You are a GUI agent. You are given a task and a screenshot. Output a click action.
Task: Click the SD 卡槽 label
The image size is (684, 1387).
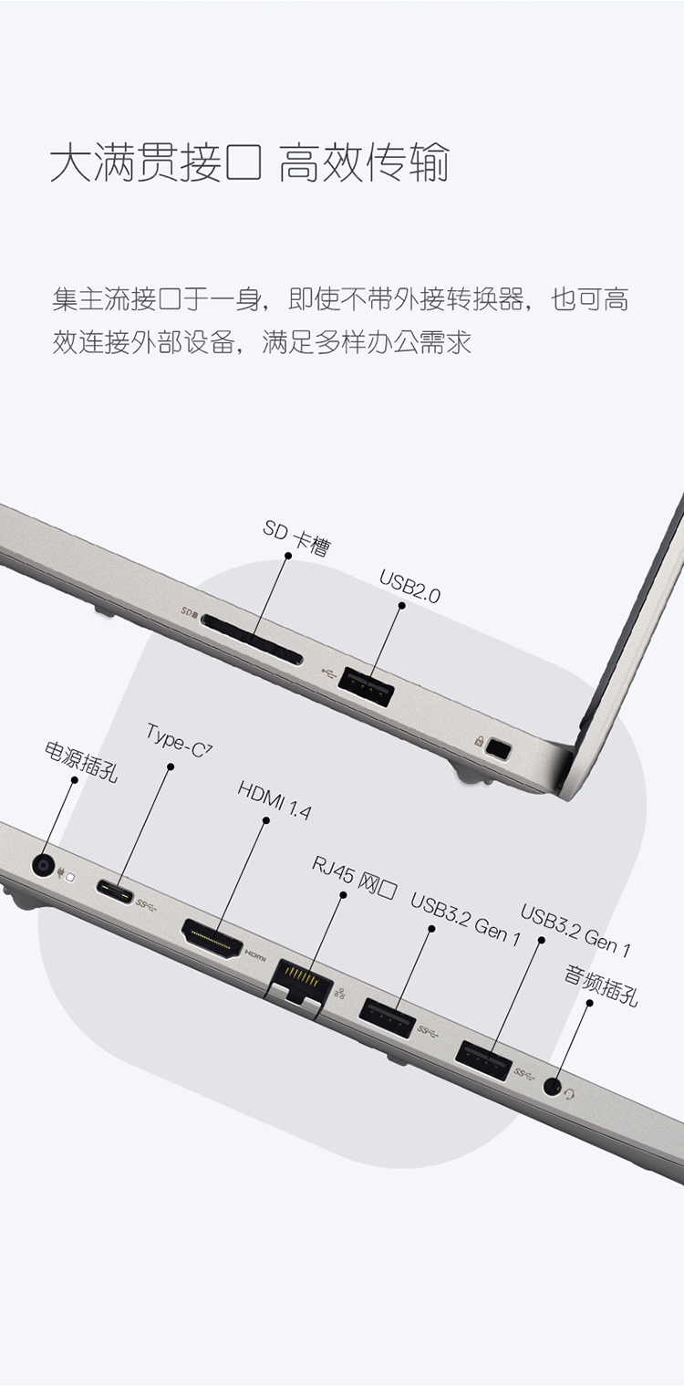pyautogui.click(x=296, y=537)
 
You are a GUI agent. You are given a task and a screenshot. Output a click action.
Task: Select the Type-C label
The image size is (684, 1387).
pyautogui.click(x=179, y=740)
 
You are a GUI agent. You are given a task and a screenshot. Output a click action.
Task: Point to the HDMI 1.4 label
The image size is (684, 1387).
pyautogui.click(x=275, y=799)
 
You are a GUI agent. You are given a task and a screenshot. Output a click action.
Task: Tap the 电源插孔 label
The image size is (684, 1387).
pyautogui.click(x=81, y=761)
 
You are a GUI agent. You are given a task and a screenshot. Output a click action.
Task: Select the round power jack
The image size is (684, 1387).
pyautogui.click(x=43, y=865)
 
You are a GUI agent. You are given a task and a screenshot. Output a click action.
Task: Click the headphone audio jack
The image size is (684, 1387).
pyautogui.click(x=553, y=1086)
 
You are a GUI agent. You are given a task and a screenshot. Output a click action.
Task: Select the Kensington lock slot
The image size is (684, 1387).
pyautogui.click(x=499, y=748)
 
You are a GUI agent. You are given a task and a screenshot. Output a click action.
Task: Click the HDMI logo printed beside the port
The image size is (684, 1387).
pyautogui.click(x=254, y=954)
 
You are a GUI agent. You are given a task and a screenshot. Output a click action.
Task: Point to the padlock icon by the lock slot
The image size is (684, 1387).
pyautogui.click(x=478, y=740)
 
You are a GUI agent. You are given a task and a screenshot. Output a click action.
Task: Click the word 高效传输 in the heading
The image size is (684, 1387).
pyautogui.click(x=363, y=163)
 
